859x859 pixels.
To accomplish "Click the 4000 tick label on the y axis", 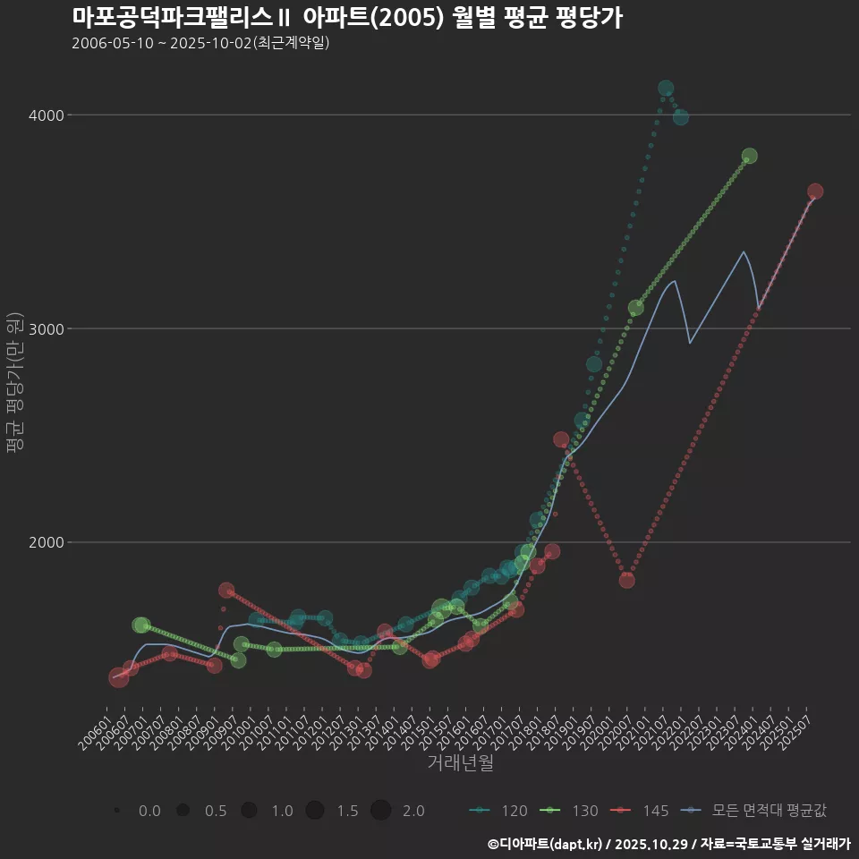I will point(47,115).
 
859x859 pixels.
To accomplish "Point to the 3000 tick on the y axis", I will point(47,328).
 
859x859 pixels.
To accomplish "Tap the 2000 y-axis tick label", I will point(47,542).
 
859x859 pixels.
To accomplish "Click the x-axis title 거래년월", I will point(460,763).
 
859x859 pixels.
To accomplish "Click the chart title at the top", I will point(347,18).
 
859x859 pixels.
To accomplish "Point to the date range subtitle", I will point(200,42).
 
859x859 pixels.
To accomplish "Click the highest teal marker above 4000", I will point(666,88).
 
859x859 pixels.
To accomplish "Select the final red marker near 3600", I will point(815,191).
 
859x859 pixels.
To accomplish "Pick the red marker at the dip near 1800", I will point(626,580).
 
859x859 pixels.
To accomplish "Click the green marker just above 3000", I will point(635,308).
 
